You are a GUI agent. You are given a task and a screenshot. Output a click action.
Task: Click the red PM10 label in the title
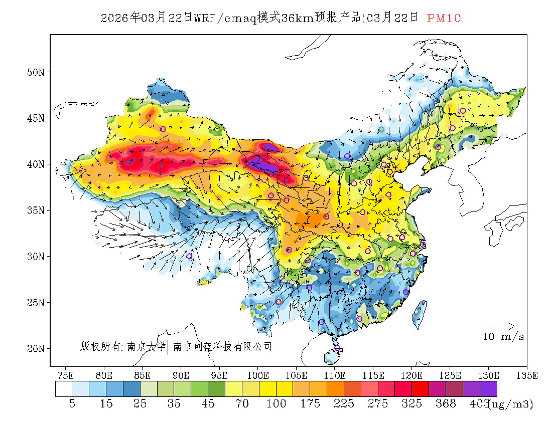coord(444,18)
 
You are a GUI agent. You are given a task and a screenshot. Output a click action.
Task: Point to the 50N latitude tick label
coord(36,72)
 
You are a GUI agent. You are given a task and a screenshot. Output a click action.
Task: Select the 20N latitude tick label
coord(36,348)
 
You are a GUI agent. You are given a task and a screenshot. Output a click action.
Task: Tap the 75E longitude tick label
coord(65,375)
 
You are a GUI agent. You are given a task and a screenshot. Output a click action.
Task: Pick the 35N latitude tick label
coord(36,210)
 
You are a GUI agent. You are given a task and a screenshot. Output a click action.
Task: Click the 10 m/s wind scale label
coord(503,337)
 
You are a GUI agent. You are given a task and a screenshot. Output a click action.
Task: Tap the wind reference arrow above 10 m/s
coord(502,326)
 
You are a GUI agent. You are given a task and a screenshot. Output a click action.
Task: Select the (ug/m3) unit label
coord(510,404)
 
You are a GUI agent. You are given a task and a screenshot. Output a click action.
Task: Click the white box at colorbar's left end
coord(64,389)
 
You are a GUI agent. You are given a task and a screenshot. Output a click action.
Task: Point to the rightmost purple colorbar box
coord(488,389)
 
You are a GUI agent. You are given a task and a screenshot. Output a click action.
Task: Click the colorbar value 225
coord(344,404)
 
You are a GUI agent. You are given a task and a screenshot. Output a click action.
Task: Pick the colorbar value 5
coord(72,404)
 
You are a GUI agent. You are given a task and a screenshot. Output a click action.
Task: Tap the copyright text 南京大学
coord(146,346)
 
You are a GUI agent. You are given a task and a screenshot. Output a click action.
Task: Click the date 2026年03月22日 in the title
coord(147,18)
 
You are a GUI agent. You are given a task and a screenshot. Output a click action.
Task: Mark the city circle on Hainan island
coord(337,348)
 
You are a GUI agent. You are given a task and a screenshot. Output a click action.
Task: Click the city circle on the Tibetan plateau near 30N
coord(189,256)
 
